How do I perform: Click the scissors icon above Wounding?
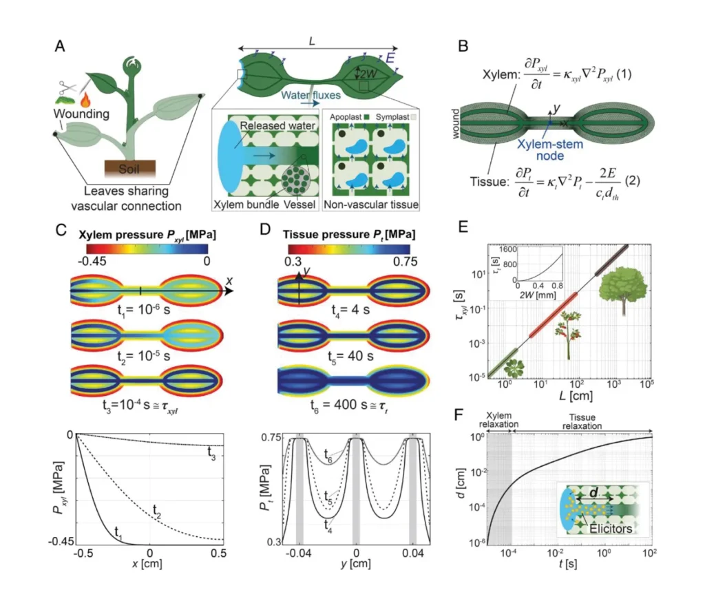[67, 87]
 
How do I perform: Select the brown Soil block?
[130, 169]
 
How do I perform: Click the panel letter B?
[463, 46]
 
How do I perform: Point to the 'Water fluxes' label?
[311, 95]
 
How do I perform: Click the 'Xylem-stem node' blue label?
[550, 150]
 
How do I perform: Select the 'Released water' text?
[277, 126]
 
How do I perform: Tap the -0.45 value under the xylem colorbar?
[92, 261]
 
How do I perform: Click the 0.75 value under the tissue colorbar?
[405, 262]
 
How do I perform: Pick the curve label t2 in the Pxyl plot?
[156, 511]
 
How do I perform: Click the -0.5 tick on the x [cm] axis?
[83, 554]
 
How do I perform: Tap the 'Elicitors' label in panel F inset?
[611, 529]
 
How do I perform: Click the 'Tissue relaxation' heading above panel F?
[582, 421]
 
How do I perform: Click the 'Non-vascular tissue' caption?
[371, 204]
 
